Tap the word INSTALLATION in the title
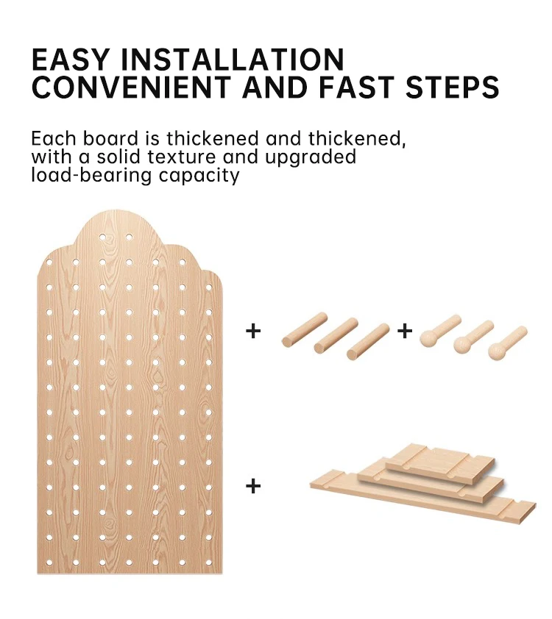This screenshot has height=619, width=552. tap(232, 60)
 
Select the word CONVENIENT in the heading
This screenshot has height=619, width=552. tap(131, 87)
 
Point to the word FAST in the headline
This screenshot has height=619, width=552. tap(357, 87)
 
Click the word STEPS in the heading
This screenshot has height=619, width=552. tap(453, 87)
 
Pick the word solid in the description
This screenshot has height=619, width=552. tap(118, 157)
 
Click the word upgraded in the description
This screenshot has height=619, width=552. tap(311, 158)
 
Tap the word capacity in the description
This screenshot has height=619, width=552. tap(199, 176)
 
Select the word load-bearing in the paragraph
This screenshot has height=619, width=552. tap(91, 176)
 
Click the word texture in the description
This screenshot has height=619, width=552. tap(181, 157)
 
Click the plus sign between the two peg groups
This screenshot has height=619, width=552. tap(404, 331)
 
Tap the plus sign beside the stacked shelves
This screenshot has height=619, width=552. tap(253, 485)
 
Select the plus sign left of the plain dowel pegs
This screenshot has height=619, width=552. tap(253, 331)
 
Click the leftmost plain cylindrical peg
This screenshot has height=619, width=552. tap(304, 329)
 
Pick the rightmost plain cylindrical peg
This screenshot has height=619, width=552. tap(368, 341)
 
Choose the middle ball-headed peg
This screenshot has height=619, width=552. tap(473, 337)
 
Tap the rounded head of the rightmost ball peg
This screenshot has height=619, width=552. tap(497, 351)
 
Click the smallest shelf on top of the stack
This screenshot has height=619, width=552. tap(441, 462)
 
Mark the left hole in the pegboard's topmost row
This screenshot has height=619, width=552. tap(102, 237)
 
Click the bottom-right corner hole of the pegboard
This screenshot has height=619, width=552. tap(208, 562)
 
